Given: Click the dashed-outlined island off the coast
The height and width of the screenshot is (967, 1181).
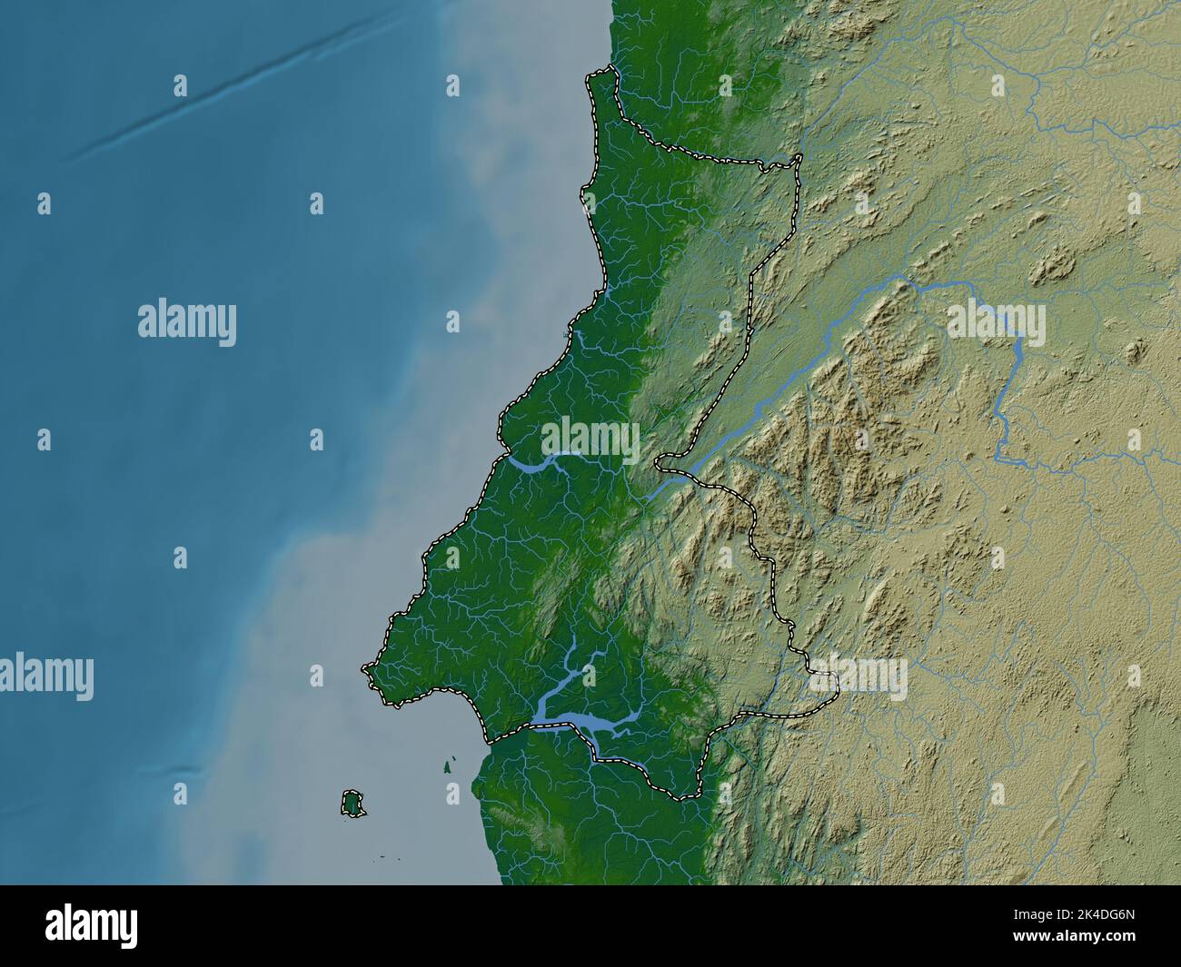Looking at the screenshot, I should click(352, 803).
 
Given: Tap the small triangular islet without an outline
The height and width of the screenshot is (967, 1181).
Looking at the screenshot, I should click(449, 766).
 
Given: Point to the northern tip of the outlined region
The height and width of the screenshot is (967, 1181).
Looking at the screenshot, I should click(610, 70).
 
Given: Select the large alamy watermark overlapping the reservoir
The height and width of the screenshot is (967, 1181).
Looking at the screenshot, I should click(995, 324).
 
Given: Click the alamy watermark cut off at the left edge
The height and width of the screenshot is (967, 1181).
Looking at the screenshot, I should click(45, 676).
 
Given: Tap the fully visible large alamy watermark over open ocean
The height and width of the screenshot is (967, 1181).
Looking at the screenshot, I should click(186, 324).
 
